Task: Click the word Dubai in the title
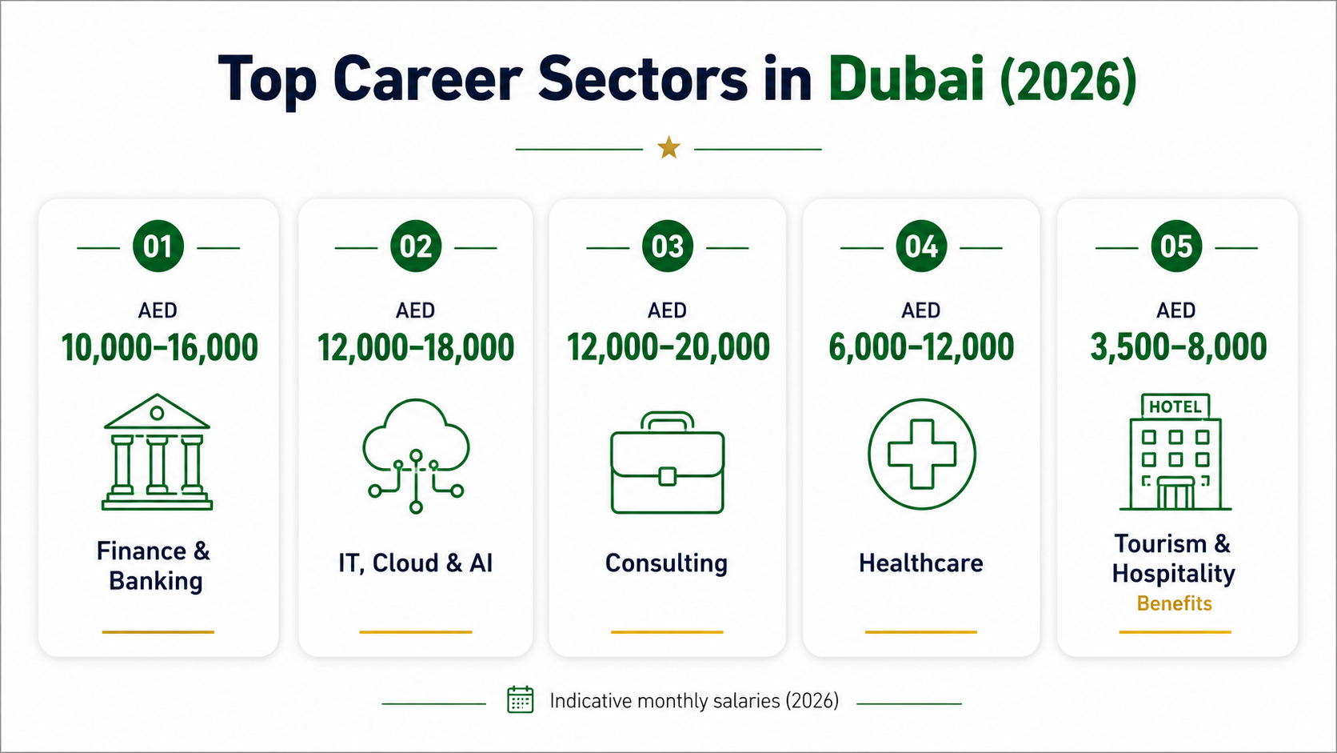pos(906,79)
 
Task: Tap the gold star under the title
pos(668,148)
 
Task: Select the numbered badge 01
pos(158,246)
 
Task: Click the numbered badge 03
pos(668,246)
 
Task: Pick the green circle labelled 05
pos(1175,246)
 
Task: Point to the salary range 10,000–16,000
pos(159,347)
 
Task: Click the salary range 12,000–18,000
pos(416,347)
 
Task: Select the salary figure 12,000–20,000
pos(668,347)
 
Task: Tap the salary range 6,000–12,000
pos(921,347)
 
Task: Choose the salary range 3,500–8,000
pos(1178,347)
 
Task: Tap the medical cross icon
pos(921,454)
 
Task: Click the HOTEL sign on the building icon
pos(1175,407)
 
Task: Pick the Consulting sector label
pos(666,563)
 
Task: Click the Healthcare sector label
pos(921,563)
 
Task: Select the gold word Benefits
pos(1174,603)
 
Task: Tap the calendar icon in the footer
pos(520,700)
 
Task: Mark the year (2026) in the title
pos(1068,81)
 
